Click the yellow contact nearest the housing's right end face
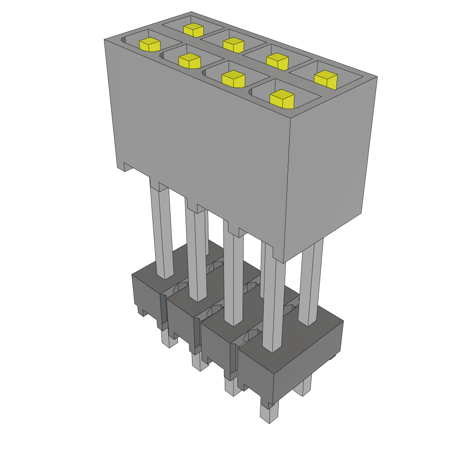326,80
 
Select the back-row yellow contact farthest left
193,30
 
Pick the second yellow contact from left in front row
189,60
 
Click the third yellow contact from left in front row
233,79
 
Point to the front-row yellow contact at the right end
281,99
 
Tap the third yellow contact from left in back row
277,61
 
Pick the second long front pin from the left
196,255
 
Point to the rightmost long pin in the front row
274,306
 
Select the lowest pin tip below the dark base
269,413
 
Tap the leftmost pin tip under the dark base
168,339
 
